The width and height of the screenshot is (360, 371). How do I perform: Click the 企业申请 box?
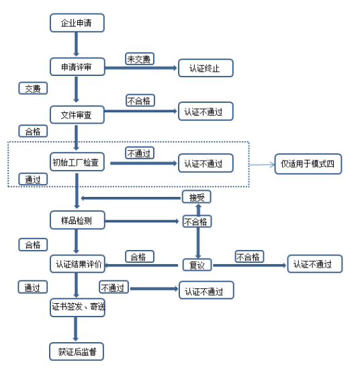point(77,23)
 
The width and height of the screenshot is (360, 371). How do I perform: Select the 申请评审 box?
point(77,67)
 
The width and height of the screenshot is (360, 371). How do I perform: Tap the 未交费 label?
point(140,58)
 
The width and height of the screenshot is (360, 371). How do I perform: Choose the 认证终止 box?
point(206,68)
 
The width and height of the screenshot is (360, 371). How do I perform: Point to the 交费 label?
point(33,88)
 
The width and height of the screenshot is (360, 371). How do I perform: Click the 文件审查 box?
point(77,115)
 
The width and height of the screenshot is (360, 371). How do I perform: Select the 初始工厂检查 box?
point(77,162)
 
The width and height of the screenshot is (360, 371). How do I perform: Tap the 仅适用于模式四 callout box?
point(308,164)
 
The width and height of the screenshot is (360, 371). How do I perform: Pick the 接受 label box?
point(196,197)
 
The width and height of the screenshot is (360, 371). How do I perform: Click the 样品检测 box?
point(77,220)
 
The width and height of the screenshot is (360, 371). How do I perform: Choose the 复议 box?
point(197,265)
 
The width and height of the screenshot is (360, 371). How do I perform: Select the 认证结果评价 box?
point(77,264)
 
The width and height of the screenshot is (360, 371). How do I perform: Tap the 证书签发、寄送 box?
point(77,308)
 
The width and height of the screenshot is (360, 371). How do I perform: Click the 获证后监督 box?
point(77,352)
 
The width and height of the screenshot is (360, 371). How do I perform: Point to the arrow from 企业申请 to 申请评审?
point(76,44)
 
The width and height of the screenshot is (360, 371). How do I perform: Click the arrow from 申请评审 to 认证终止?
point(141,68)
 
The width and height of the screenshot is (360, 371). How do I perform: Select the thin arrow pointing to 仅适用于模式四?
point(262,165)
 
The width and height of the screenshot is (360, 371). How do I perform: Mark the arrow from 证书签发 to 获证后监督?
point(76,329)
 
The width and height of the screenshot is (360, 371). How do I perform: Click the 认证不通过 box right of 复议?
point(315,264)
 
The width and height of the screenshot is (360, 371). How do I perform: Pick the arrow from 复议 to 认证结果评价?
point(141,265)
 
